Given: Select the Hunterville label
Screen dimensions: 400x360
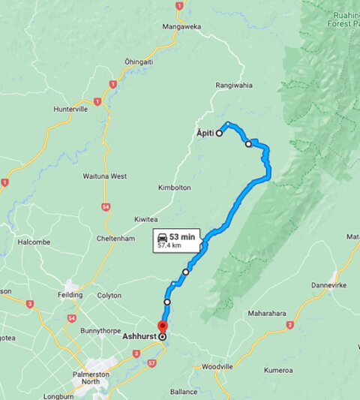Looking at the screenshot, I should click(71, 109).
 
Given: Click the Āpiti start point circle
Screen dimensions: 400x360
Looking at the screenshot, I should click(220, 134).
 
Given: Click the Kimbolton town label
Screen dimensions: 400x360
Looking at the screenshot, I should click(175, 187).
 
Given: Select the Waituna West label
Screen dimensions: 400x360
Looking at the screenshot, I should click(104, 176).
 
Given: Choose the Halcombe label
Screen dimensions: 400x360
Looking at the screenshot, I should click(34, 242).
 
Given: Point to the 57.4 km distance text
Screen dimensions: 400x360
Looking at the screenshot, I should click(181, 245).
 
